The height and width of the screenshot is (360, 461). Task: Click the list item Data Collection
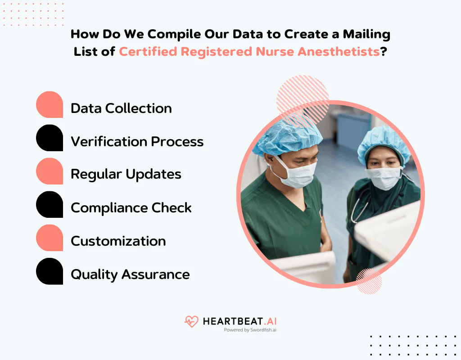click(121, 108)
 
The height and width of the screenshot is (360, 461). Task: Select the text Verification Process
click(137, 142)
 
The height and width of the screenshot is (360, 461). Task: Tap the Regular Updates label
click(126, 175)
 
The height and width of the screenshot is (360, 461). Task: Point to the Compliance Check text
click(131, 208)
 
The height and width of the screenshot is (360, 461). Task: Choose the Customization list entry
click(118, 241)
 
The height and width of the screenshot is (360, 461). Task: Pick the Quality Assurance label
click(130, 274)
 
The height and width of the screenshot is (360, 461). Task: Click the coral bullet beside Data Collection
click(50, 105)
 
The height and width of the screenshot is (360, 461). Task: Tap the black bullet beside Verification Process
click(50, 138)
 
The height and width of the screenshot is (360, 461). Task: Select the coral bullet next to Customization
click(50, 238)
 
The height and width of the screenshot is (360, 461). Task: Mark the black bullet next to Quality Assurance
click(50, 271)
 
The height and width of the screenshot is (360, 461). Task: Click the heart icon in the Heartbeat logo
click(191, 321)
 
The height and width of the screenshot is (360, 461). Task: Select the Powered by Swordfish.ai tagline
click(250, 330)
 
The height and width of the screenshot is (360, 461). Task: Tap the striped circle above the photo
click(303, 95)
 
